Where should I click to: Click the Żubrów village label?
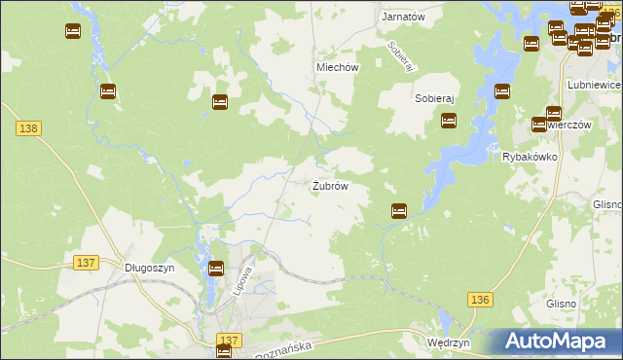[x=330, y=186]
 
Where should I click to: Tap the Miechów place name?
[x=338, y=67]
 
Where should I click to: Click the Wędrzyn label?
[x=449, y=343]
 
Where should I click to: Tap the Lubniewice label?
[x=592, y=85]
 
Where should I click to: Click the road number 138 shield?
[x=27, y=128]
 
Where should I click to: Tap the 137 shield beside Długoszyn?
[x=86, y=263]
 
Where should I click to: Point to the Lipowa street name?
[x=246, y=274]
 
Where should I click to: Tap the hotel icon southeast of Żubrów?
[x=398, y=210]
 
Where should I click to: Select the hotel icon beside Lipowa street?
[x=216, y=269]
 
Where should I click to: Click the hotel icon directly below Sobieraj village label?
[x=449, y=121]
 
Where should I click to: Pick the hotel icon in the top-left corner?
[x=73, y=31]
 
